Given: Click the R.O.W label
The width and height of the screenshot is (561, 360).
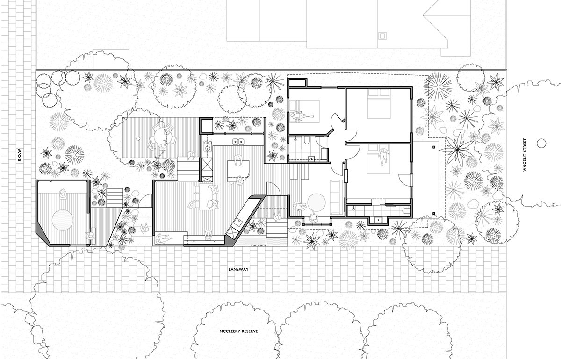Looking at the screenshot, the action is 19,155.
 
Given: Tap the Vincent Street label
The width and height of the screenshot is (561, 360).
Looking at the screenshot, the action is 525,155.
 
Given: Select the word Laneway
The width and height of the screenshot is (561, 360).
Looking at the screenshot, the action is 238,270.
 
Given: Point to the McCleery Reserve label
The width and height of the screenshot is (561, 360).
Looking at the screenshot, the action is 238,331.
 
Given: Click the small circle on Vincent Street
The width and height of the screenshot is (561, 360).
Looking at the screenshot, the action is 541,143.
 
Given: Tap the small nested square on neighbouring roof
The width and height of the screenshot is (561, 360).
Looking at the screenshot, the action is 382,36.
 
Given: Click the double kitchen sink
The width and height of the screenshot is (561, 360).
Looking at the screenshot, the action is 238,142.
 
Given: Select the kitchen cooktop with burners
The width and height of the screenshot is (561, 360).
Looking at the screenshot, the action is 208,146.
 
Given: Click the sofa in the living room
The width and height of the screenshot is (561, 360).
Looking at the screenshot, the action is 336,197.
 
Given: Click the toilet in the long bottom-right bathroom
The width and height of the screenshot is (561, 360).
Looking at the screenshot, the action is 406,210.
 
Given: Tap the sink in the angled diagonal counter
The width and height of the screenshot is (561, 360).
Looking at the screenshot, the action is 237,222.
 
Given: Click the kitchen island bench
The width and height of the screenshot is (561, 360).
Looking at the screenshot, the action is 238,172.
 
